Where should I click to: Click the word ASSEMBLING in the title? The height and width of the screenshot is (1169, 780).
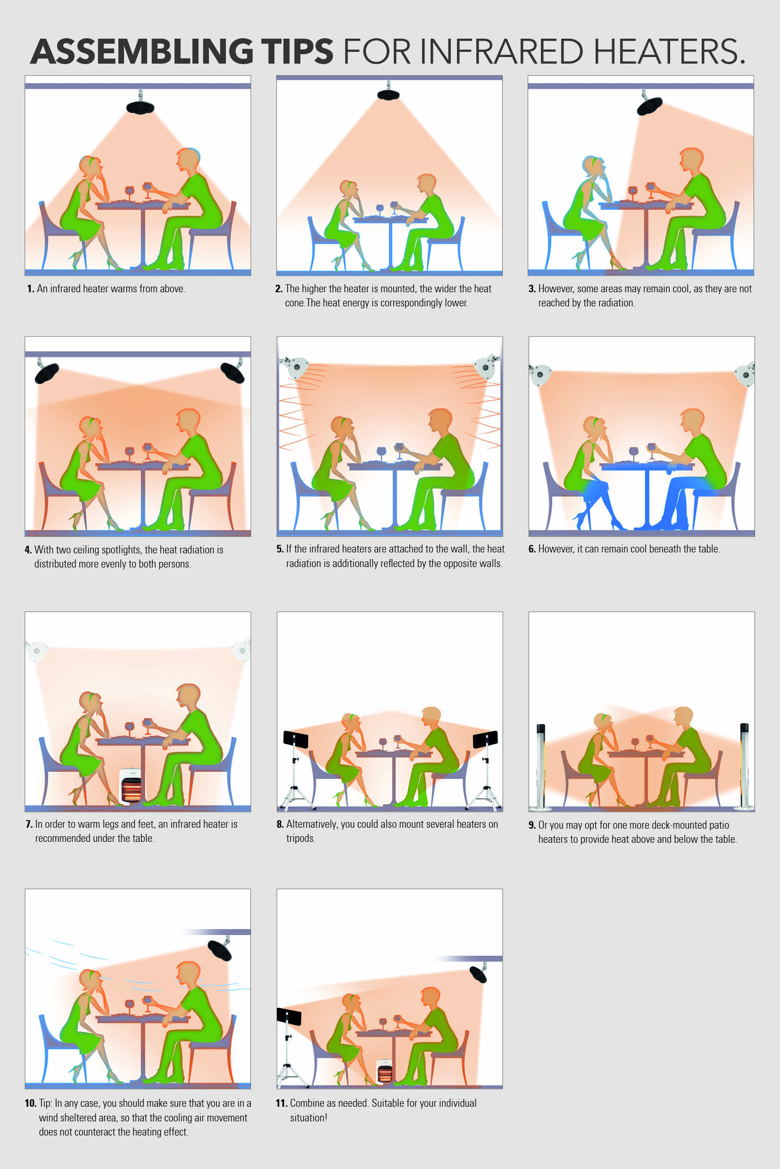142,51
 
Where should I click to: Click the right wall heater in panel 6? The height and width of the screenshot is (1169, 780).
745,374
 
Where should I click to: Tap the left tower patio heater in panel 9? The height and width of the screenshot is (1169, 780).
540,766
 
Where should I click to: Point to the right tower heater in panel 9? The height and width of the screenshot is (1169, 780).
744,766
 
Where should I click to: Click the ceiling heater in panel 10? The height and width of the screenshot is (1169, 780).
219,950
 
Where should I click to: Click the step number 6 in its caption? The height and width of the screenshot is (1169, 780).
532,549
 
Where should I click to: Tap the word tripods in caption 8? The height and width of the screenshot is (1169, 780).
300,839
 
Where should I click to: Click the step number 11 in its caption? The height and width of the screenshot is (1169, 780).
282,1103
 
